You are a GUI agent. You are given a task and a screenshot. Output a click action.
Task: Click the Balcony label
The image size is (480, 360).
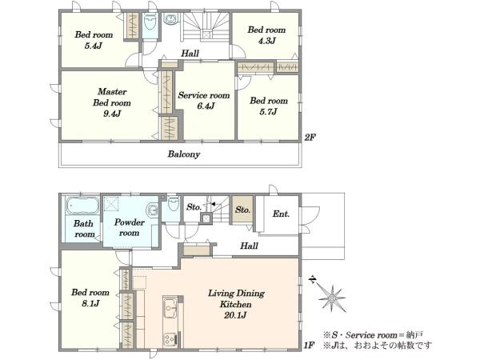click(x=184, y=154)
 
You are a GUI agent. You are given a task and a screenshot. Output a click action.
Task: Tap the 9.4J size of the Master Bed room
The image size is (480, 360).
click(x=112, y=114)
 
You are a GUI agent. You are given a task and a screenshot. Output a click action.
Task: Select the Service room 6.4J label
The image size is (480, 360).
click(x=204, y=101)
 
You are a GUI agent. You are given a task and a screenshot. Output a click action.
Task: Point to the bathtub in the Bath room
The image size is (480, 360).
click(x=82, y=205)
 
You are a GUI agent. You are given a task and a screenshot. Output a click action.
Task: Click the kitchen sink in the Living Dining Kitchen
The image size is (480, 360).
click(x=170, y=309)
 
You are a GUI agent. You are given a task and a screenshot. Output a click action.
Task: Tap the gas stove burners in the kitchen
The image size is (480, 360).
click(x=170, y=339)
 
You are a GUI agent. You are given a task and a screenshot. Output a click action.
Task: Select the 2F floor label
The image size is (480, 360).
click(x=310, y=138)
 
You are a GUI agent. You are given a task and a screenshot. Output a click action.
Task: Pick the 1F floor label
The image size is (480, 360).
click(x=309, y=346)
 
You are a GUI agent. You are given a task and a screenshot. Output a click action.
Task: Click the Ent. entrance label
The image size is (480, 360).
click(x=281, y=214)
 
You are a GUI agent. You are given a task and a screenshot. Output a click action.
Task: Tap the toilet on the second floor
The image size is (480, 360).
click(x=150, y=22)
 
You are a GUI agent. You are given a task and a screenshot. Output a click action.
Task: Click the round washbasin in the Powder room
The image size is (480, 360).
click(x=152, y=210)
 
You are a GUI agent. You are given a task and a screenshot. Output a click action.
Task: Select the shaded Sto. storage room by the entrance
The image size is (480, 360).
click(x=242, y=210)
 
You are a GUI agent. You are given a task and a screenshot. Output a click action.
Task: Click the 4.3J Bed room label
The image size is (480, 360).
click(x=266, y=35)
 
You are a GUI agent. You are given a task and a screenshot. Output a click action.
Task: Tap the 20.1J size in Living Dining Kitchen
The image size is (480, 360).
click(x=235, y=315)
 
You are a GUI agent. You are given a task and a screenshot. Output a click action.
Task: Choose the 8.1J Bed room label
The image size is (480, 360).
click(x=90, y=298)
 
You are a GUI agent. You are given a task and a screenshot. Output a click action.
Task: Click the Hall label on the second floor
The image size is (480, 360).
click(x=190, y=54)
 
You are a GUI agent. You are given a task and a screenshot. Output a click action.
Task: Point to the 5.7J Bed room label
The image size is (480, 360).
click(x=269, y=106)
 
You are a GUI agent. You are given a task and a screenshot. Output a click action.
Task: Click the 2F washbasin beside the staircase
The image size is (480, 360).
click(x=170, y=19)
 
